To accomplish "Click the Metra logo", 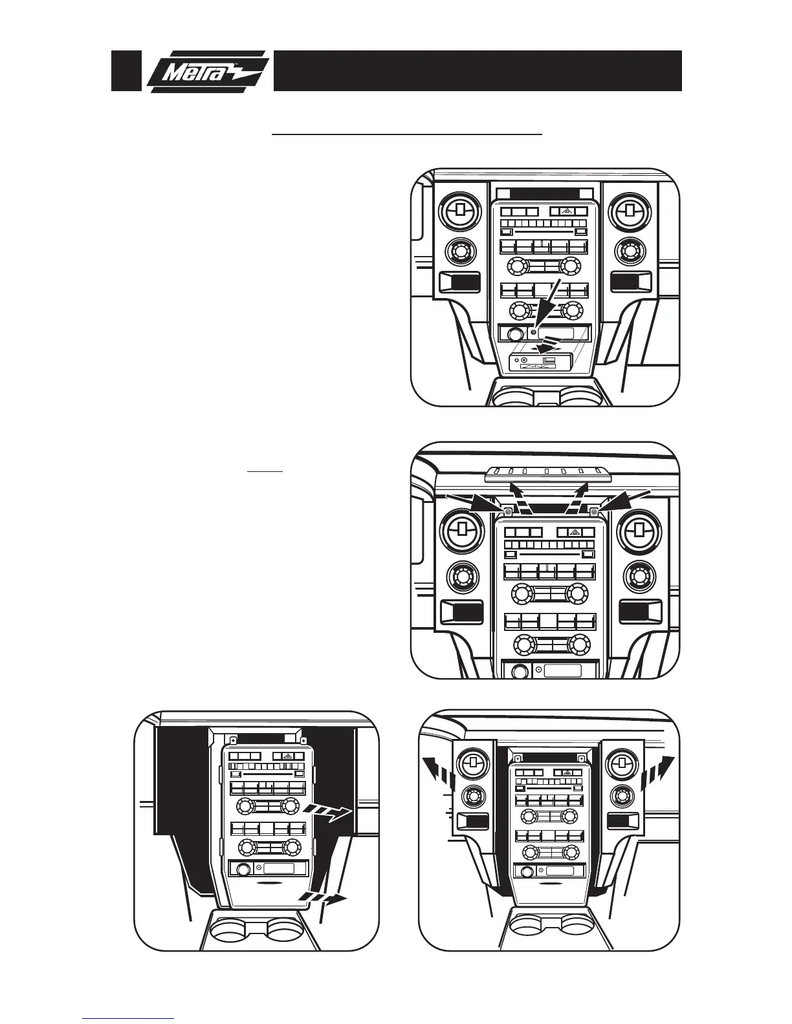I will coord(206,71).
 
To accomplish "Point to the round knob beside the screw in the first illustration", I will coord(514,335).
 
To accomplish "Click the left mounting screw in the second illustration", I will coord(508,512).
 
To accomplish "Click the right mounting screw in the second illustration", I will coord(594,512).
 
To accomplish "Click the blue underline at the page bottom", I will coord(129,1018).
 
